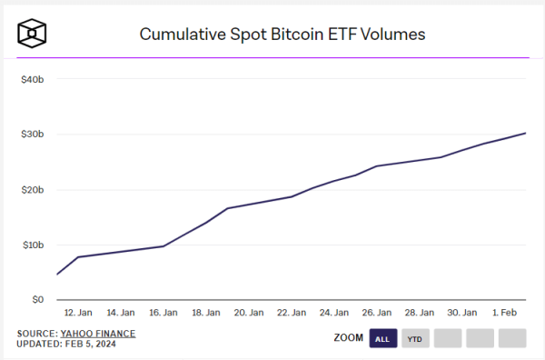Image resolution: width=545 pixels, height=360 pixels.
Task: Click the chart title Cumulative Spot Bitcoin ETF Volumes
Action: [282, 35]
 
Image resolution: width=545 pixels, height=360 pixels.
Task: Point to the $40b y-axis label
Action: [32, 80]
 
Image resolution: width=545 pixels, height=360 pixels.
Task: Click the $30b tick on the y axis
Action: [32, 135]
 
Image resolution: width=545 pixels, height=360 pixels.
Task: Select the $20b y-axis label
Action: [32, 190]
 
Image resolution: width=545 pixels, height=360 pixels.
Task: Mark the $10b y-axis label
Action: [32, 245]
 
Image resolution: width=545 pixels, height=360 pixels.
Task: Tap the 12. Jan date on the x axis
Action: [77, 313]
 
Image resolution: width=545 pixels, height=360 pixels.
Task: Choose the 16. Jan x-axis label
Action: [163, 313]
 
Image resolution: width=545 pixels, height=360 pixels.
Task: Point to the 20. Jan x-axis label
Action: [248, 313]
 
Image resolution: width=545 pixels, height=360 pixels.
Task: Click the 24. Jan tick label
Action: [333, 313]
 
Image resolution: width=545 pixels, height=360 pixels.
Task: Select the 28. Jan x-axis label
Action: [419, 313]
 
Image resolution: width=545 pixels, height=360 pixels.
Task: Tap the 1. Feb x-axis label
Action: [505, 313]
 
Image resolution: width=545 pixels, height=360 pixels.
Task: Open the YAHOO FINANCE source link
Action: [98, 334]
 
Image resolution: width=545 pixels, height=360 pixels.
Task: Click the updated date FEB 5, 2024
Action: [95, 345]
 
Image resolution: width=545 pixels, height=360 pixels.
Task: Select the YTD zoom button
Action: [415, 339]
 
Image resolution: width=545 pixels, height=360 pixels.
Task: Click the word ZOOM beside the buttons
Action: [349, 338]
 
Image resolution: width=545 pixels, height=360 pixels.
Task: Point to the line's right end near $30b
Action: [525, 134]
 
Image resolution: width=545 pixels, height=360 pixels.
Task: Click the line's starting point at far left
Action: [57, 274]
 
